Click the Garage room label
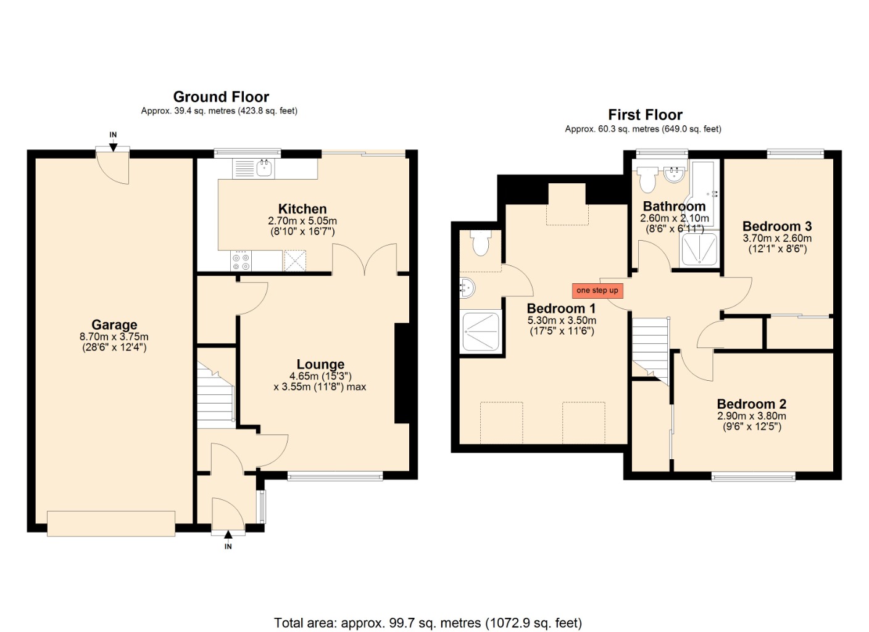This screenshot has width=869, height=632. (114, 325)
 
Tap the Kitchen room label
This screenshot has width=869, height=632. (302, 209)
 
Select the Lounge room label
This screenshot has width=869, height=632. (320, 364)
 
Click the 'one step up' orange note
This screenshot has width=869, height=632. (597, 290)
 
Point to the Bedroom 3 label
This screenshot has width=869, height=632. (776, 226)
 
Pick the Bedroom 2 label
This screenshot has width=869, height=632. (751, 404)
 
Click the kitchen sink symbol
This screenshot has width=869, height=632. (265, 167)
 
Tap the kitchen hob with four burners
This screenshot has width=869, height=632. (241, 261)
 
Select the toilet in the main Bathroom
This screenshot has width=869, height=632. (647, 179)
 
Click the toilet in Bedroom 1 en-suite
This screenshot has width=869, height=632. (480, 243)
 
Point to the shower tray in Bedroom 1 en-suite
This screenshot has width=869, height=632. (481, 331)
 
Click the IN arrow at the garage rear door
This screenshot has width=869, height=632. (113, 145)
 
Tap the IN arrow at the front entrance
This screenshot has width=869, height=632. (228, 535)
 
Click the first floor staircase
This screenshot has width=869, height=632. (651, 345)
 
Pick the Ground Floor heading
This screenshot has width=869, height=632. (221, 97)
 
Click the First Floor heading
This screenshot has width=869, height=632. (645, 115)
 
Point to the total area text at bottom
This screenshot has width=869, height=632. (428, 623)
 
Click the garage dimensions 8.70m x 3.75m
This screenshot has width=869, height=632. (114, 337)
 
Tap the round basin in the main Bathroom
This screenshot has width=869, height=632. (675, 174)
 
